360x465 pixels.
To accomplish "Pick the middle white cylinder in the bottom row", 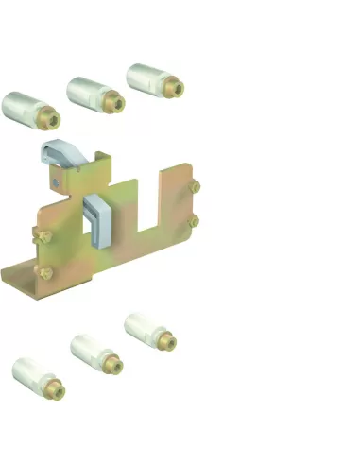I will point(90,352).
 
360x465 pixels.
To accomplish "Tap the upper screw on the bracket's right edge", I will point(195,187).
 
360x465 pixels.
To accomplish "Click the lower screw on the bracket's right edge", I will point(195,221).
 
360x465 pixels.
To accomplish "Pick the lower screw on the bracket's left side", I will point(43,274).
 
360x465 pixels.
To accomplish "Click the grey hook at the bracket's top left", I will point(60,150).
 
